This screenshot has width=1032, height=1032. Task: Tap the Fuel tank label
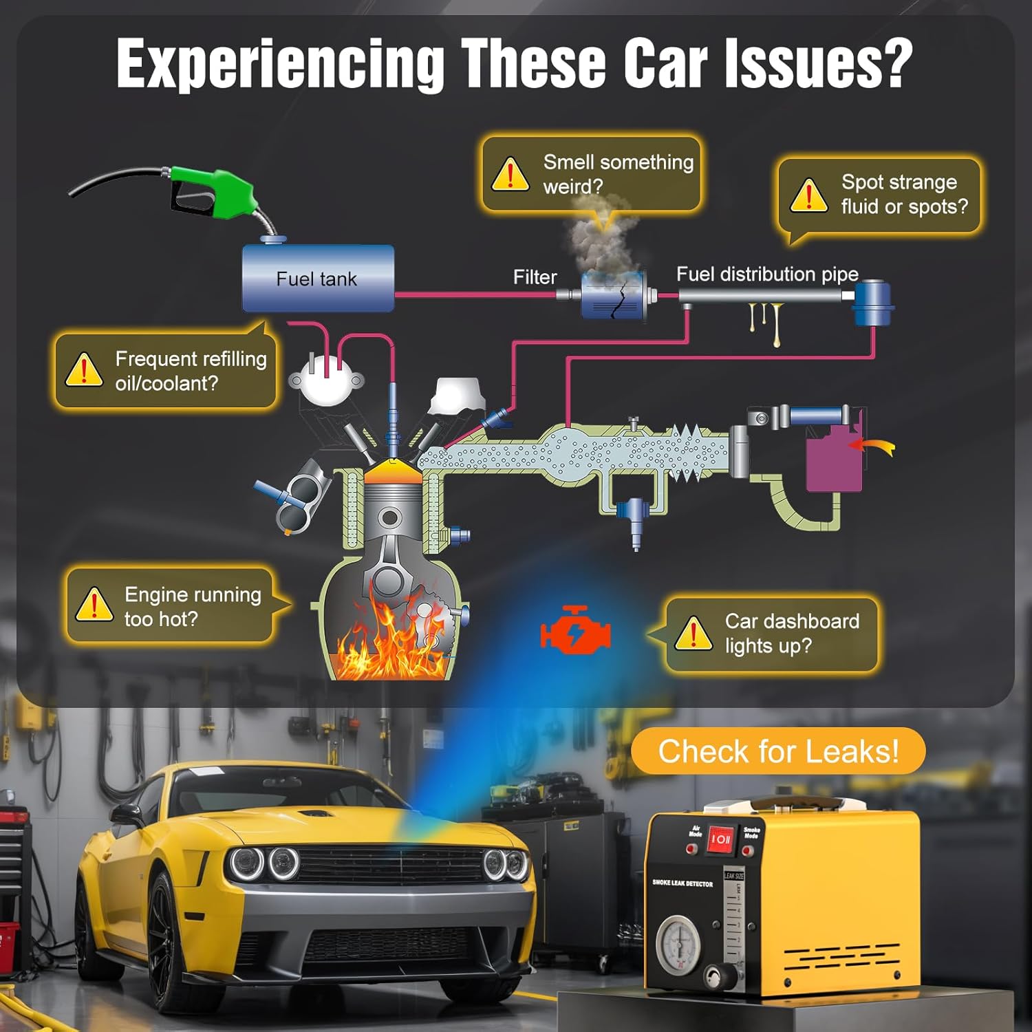(x=316, y=279)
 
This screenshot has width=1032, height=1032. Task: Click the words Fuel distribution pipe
(x=767, y=274)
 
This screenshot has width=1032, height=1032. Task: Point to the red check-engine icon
(x=574, y=630)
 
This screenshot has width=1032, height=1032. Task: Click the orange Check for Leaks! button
(x=778, y=751)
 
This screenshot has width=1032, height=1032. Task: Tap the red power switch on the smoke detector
(x=720, y=839)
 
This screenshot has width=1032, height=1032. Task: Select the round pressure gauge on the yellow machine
(x=679, y=943)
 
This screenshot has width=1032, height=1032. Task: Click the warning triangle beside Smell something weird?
(x=510, y=174)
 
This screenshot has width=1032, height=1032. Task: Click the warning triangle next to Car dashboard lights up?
(x=694, y=633)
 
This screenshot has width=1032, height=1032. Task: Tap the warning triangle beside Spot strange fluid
(x=808, y=195)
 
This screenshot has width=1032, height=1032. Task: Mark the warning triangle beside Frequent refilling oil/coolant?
(x=84, y=369)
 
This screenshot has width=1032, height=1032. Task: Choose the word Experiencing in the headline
(x=281, y=63)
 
